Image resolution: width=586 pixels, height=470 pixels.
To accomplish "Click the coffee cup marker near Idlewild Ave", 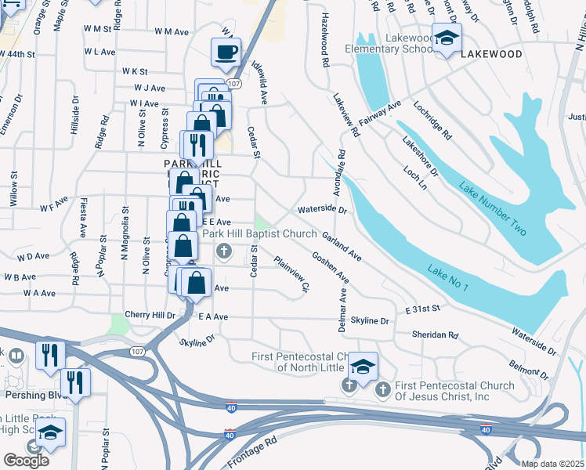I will coord(226,52).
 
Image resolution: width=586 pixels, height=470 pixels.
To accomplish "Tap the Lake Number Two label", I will coord(493,209).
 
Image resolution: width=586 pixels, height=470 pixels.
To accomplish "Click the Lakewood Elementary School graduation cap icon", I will coord(447,38).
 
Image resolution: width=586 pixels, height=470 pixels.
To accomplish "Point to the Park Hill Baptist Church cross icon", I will coord(223,251).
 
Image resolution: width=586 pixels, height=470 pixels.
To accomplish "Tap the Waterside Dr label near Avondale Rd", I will coord(322,210).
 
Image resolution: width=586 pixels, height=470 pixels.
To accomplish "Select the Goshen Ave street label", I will coord(330,266).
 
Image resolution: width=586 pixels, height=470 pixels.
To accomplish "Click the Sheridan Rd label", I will coord(436,334).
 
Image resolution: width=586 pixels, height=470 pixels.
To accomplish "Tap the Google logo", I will coord(26,461).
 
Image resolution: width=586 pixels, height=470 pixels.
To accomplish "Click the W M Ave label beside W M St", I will coord(172,32).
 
